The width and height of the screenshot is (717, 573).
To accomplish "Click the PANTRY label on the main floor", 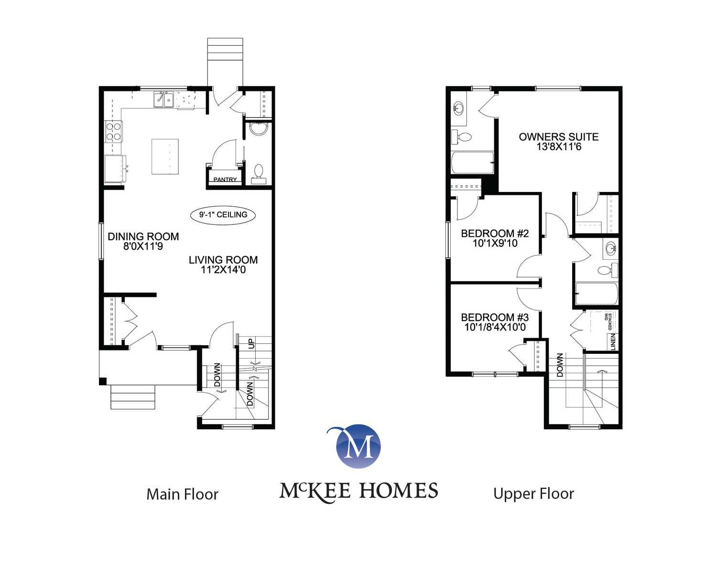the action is click(225, 180).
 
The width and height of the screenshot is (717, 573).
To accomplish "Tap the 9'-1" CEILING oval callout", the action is click(223, 215).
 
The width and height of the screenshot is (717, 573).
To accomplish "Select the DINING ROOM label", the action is click(143, 236).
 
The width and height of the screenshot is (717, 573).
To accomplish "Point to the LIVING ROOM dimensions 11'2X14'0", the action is click(223, 269).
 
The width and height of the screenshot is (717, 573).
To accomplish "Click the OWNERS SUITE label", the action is click(559, 137).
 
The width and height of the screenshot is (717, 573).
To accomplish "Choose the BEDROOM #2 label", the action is click(495, 233).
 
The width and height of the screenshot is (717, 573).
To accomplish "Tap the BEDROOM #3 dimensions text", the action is click(495, 327).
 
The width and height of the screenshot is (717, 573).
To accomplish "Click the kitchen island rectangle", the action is click(165, 157).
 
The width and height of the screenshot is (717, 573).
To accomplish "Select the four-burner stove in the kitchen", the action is click(114, 131).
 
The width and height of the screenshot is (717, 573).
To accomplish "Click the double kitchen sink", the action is click(163, 99).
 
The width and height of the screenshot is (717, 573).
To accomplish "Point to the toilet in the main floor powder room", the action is click(259, 174).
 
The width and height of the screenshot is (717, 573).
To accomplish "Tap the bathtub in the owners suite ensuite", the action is click(472, 162).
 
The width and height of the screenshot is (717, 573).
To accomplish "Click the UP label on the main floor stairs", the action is click(251, 344).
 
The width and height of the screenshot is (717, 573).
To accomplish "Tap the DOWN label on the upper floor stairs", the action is click(560, 365).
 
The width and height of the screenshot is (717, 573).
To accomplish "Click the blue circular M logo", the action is click(358, 446).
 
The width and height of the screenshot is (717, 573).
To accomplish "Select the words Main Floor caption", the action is click(183, 494).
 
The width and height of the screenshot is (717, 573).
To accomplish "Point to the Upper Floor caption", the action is click(533, 494).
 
